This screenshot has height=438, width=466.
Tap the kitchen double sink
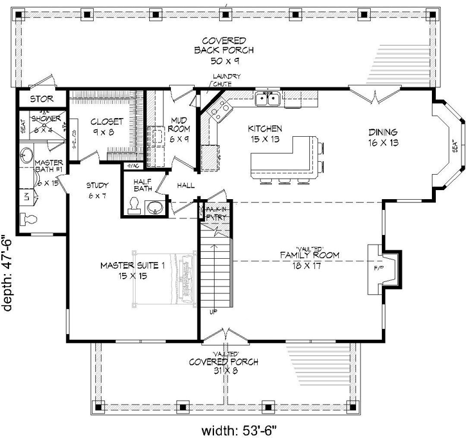click(267, 98)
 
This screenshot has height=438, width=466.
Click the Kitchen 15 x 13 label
click(265, 133)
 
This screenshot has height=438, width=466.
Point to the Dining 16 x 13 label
click(383, 136)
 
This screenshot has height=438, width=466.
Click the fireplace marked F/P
click(375, 263)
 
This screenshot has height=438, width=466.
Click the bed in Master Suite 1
click(163, 276)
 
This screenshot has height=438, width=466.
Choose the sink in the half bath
click(154, 207)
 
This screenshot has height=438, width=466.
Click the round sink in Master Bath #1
click(26, 155)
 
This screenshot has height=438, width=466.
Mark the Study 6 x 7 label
click(99, 191)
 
